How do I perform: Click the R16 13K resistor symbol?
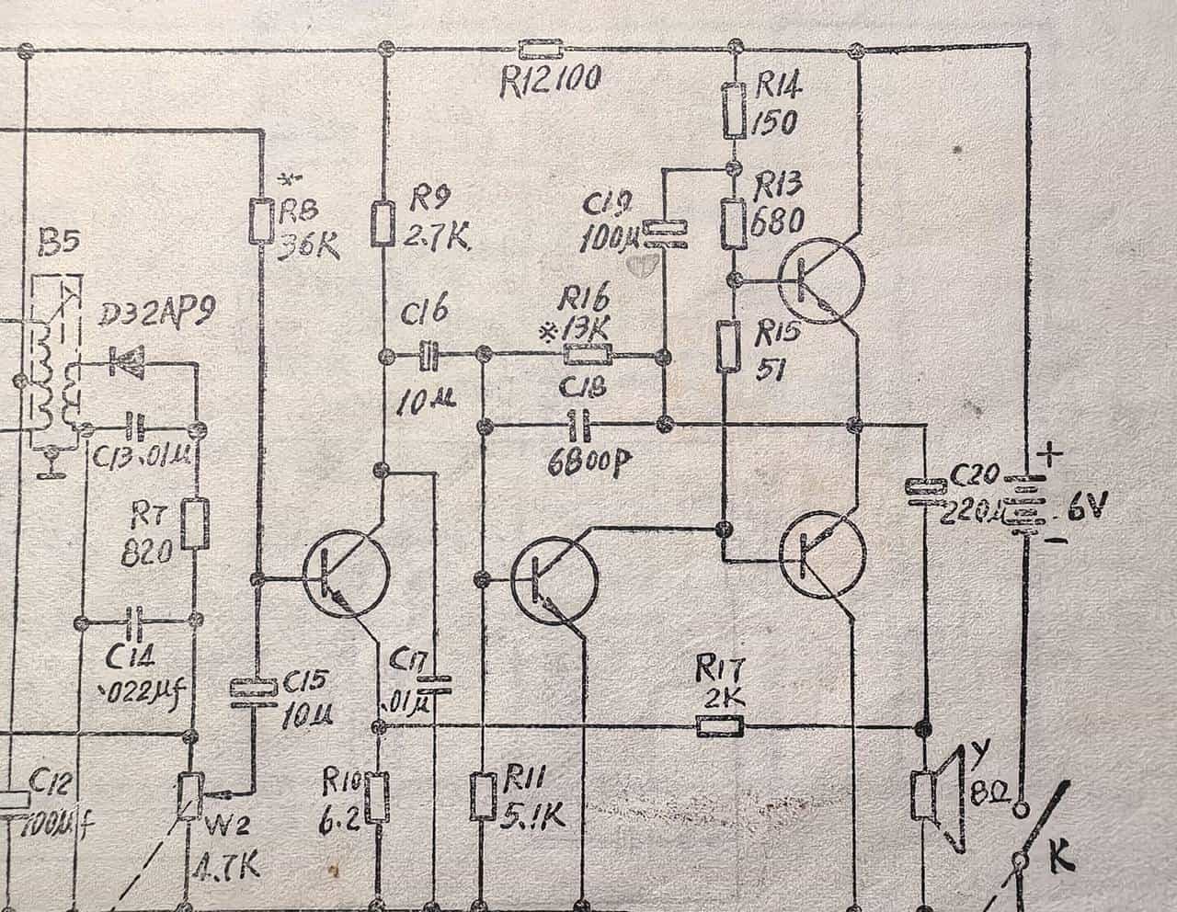[x=587, y=355]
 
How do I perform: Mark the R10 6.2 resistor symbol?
[x=377, y=797]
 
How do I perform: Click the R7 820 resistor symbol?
[x=195, y=524]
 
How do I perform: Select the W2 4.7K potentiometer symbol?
[x=190, y=794]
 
